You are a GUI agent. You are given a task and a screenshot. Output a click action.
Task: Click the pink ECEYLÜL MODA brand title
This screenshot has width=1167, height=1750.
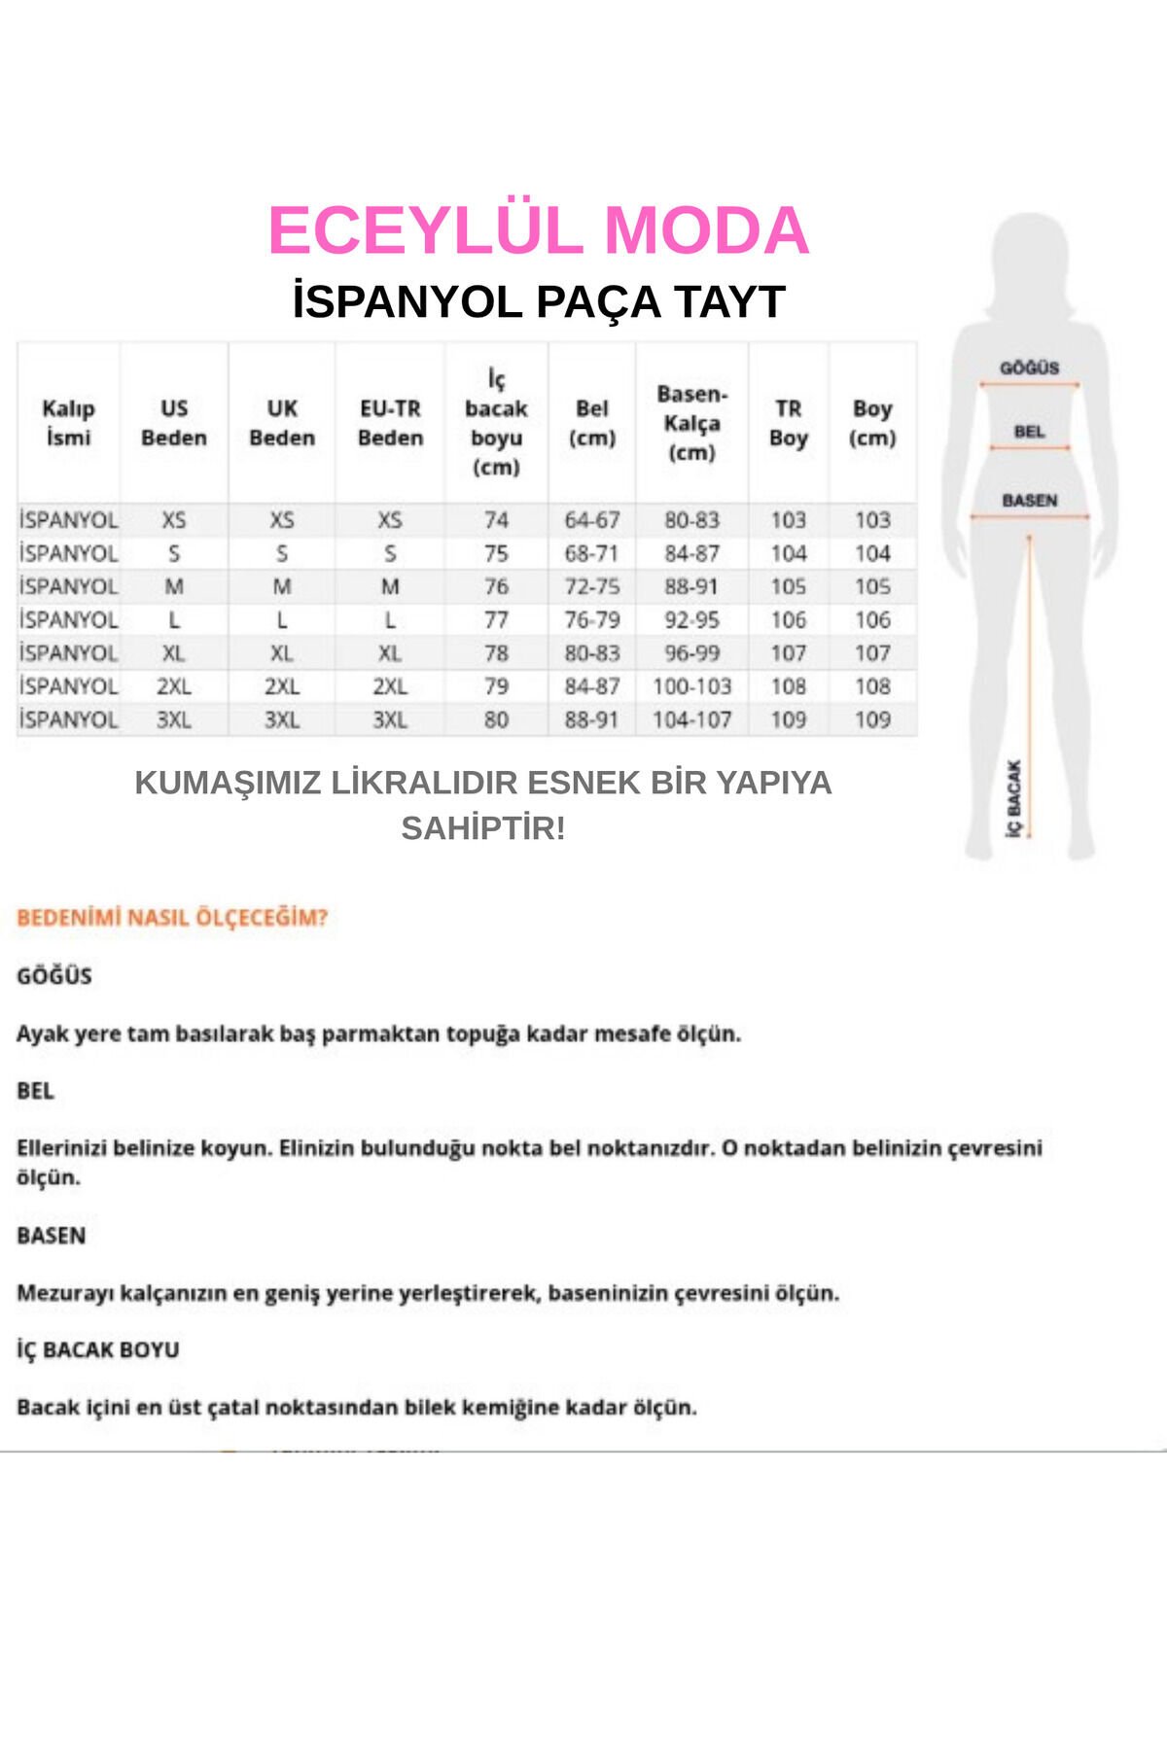[538, 231]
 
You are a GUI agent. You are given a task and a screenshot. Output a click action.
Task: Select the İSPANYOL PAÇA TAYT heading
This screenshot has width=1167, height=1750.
[538, 301]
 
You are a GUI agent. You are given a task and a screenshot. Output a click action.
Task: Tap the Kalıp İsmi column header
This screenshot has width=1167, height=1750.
[68, 423]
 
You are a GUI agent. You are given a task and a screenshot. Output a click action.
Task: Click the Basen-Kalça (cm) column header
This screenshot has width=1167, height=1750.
[691, 423]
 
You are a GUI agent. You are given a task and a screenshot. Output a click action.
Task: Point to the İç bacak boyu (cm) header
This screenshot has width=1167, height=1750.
[496, 423]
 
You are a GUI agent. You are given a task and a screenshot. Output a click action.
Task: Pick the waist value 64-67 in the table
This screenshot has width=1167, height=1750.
[591, 520]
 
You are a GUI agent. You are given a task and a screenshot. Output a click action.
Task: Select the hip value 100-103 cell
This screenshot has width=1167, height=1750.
[691, 686]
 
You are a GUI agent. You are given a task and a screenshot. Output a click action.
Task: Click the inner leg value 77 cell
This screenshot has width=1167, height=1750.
[496, 620]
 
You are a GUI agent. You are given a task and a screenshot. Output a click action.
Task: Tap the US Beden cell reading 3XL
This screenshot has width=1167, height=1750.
[174, 720]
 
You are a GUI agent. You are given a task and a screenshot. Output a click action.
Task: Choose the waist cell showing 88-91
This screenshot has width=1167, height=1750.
[591, 720]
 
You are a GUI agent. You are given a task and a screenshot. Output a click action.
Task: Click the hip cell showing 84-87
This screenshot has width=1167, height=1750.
[691, 553]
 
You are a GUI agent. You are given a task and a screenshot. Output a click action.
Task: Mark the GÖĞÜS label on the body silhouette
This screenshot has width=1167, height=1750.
[1029, 367]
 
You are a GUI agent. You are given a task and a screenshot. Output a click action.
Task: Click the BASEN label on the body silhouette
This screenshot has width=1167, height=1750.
[1029, 501]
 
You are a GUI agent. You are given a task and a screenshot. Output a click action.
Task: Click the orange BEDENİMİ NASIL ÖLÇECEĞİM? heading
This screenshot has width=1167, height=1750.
[172, 918]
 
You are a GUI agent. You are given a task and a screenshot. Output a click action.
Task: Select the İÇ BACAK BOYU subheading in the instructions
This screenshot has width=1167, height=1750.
[98, 1349]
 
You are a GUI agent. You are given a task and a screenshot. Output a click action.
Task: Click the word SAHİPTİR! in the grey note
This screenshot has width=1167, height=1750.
[482, 828]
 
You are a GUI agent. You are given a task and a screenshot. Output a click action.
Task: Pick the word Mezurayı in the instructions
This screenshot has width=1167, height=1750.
[64, 1293]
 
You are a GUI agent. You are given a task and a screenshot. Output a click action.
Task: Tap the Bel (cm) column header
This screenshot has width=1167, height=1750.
[591, 423]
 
